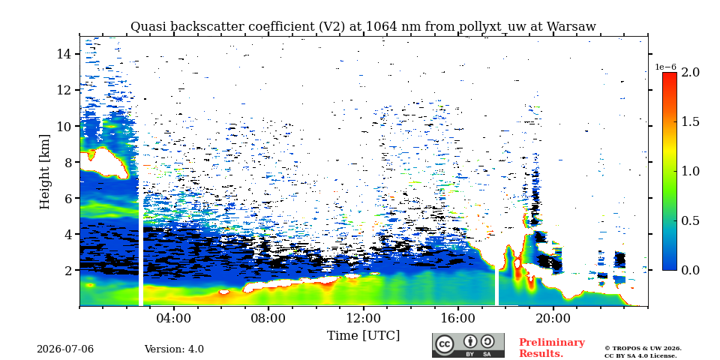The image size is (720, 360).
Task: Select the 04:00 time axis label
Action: [x=174, y=318]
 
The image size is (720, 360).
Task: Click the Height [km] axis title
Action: [x=45, y=172]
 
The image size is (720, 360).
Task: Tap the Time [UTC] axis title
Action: [x=363, y=336]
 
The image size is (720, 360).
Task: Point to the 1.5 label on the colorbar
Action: [x=690, y=121]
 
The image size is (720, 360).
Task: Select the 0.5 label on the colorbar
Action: [x=690, y=220]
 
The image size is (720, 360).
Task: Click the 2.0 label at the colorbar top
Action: [x=690, y=72]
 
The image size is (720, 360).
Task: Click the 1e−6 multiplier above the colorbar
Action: [x=665, y=67]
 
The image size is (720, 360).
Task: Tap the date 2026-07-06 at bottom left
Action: [x=65, y=349]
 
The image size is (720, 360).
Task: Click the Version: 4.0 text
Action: [x=174, y=349]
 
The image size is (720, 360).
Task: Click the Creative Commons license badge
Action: [x=468, y=345]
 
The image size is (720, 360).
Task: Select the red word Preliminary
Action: [x=552, y=343]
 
